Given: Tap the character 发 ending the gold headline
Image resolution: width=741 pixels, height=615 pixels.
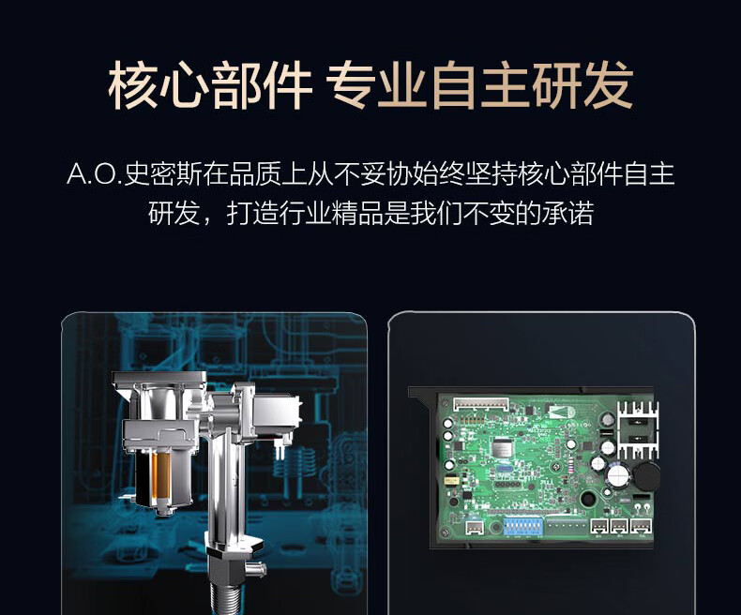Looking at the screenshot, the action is tap(608, 85).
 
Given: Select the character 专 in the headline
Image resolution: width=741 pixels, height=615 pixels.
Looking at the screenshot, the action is tap(351, 85).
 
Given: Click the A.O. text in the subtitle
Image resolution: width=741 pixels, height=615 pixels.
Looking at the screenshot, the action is tap(94, 173).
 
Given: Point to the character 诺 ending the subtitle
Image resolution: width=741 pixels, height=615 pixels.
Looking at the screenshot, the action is tap(581, 213).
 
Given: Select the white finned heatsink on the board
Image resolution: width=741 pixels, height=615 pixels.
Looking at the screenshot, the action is tap(638, 429).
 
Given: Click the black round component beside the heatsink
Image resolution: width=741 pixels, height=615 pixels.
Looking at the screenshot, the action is tap(646, 476).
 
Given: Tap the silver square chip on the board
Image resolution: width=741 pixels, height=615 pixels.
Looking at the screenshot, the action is tap(503, 447).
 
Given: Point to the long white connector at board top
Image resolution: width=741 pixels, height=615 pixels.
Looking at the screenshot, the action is tap(481, 404).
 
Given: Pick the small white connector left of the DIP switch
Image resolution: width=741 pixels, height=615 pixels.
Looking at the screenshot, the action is tap(474, 528).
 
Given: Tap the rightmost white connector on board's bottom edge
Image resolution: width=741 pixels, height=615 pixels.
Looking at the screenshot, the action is tap(641, 525).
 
